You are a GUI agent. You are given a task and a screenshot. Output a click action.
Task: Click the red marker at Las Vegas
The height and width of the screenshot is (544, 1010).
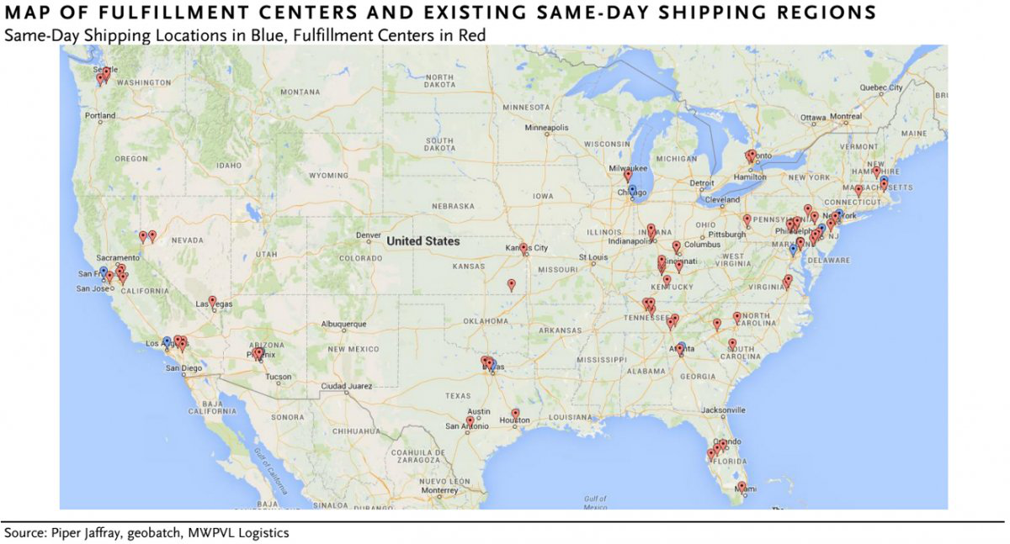(212, 300)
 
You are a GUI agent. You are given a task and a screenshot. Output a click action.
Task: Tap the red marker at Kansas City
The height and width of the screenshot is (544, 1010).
(524, 248)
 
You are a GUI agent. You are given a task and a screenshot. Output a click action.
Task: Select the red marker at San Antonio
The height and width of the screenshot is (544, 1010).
(470, 420)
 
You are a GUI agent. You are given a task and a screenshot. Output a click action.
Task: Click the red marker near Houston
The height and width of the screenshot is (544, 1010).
(515, 413)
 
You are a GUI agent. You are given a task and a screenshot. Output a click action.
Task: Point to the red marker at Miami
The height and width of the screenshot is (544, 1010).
(741, 486)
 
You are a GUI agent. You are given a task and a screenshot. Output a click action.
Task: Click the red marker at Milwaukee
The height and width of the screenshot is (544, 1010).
(627, 175)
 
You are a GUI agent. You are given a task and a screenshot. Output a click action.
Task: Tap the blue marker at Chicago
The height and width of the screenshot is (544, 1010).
(632, 190)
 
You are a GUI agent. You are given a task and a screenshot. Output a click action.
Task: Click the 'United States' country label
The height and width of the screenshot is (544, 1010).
(423, 241)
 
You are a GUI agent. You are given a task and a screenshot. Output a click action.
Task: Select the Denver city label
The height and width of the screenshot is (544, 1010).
(369, 235)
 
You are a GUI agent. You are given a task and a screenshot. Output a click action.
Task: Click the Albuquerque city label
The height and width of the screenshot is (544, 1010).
(344, 324)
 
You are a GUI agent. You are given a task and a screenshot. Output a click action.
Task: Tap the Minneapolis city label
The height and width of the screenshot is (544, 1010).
(547, 129)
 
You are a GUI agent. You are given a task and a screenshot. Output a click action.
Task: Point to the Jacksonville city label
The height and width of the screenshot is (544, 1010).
(723, 410)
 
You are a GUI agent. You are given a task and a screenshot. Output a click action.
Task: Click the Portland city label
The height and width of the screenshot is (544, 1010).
(100, 115)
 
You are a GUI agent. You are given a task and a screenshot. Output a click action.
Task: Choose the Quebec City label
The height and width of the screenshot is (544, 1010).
(880, 87)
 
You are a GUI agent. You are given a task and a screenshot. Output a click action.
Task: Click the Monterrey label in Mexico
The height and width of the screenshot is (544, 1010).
(440, 490)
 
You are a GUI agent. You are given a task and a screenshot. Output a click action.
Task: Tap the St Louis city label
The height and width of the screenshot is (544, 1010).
(593, 257)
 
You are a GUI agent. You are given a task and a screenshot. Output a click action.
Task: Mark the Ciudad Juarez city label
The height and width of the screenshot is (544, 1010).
(345, 387)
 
